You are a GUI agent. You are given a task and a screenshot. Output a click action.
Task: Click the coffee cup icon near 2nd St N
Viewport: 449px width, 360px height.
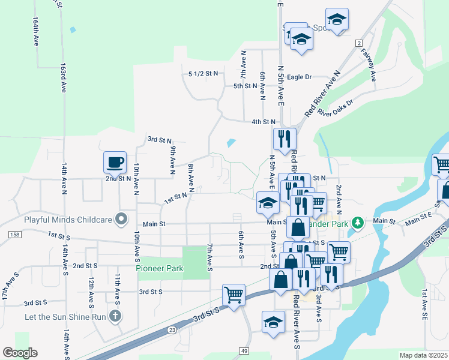(115, 163)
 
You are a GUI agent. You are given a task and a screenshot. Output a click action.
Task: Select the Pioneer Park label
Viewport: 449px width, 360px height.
(160, 268)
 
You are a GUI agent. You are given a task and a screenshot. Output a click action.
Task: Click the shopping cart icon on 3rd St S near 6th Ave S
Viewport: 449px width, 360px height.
(234, 295)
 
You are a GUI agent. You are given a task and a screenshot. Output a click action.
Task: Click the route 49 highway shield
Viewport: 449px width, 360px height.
(243, 350)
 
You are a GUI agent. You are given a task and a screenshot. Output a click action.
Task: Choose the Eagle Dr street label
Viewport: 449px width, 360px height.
(299, 77)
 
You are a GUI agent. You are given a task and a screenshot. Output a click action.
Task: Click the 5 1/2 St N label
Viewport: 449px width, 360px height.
(203, 73)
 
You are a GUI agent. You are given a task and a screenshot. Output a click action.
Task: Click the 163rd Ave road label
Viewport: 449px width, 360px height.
(62, 78)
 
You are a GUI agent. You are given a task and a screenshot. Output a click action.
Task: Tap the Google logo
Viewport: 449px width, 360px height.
(20, 353)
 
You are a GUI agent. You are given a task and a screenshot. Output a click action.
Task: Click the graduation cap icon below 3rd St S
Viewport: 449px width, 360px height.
(273, 322)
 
